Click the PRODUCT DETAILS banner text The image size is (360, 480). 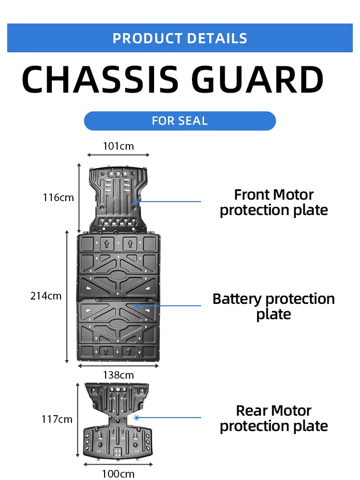[180, 38]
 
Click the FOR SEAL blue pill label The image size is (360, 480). [180, 121]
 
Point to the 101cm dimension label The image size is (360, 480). [118, 146]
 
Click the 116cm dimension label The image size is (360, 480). [58, 197]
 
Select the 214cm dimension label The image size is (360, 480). [46, 296]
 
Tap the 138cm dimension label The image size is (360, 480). [118, 375]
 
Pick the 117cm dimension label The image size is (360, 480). [57, 420]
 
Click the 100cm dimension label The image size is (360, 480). [118, 474]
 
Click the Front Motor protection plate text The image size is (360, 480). [274, 202]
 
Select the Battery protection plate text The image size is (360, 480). [274, 306]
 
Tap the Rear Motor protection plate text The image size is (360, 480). [274, 418]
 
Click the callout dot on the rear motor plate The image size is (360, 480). [136, 418]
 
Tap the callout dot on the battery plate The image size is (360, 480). [136, 305]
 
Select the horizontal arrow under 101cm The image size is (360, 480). [118, 155]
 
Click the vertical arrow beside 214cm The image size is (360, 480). [67, 296]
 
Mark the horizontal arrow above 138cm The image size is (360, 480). [118, 366]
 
